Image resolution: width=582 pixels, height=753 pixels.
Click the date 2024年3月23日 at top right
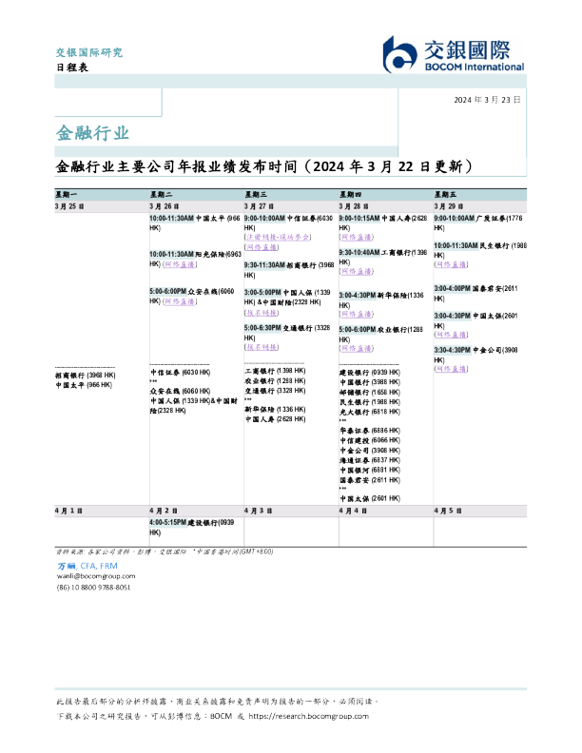[486, 101]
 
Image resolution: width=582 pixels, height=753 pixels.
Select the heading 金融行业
[91, 132]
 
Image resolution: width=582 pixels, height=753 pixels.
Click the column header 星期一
[67, 193]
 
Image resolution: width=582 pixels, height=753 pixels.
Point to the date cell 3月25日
[69, 204]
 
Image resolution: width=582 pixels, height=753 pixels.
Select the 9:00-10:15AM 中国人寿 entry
[382, 222]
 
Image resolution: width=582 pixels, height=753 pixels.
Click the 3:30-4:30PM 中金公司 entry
[475, 356]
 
